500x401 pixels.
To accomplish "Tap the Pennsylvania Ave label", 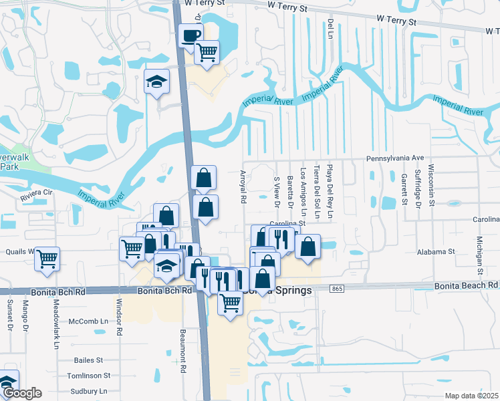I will click(395, 158).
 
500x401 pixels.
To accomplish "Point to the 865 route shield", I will click(338, 287).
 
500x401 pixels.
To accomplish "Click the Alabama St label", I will click(436, 252).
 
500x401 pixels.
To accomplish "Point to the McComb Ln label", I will click(88, 321).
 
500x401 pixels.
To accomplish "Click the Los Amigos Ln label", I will click(303, 186).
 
